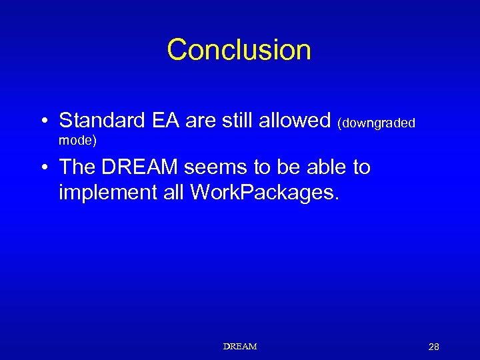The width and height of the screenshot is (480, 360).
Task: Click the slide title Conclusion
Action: (x=239, y=50)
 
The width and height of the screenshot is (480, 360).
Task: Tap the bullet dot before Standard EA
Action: (x=43, y=121)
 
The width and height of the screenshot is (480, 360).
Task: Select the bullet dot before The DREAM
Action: (x=43, y=168)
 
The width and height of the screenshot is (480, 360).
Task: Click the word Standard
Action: (x=101, y=121)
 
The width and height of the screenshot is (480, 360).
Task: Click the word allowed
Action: (x=299, y=121)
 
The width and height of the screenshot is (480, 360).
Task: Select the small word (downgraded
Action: (x=377, y=123)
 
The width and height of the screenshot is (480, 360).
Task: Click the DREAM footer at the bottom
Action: (x=240, y=347)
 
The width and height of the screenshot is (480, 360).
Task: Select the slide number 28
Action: (x=434, y=347)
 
